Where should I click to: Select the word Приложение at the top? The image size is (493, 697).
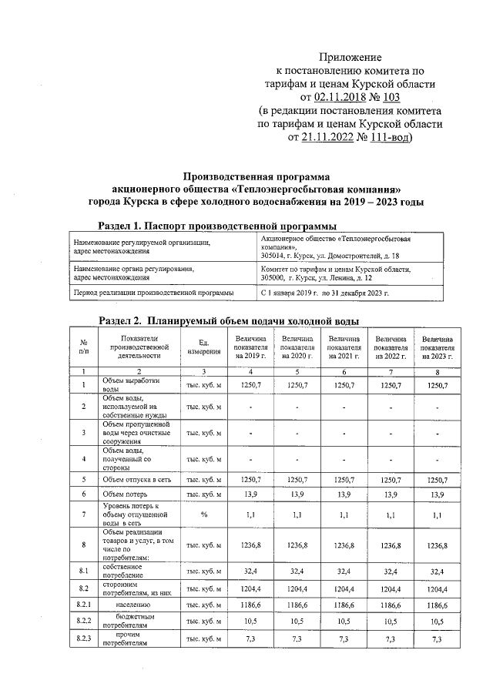tap(350, 57)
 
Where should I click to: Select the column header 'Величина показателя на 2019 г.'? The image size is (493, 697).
tap(252, 347)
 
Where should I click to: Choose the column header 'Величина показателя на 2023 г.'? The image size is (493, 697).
tap(437, 347)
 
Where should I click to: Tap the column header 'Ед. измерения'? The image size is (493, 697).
tap(204, 347)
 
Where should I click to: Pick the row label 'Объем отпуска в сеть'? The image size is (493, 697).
tap(136, 479)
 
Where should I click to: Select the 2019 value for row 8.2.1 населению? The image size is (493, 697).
tap(252, 606)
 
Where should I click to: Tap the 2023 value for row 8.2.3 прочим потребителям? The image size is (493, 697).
tap(437, 640)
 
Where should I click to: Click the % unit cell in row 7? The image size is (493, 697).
tap(204, 513)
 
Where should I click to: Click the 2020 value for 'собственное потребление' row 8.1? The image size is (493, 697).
tap(298, 571)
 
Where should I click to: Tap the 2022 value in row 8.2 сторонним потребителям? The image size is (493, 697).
tap(391, 589)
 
